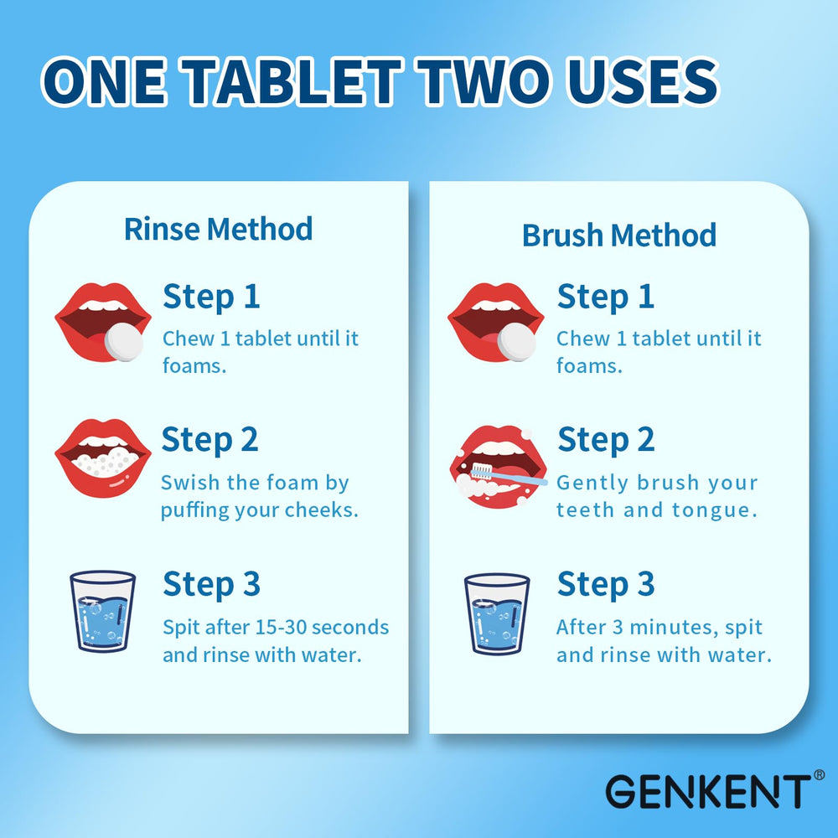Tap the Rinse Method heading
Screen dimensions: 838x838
coord(218,229)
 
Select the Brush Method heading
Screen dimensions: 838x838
coord(619,235)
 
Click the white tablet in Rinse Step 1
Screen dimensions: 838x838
coord(123,341)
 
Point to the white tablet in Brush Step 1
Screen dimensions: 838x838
coord(516,342)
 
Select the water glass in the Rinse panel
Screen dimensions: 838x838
coord(103,611)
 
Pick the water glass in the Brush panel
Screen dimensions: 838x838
coord(497,613)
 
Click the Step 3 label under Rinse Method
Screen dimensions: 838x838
coord(211,585)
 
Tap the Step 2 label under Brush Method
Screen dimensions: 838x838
coord(605,441)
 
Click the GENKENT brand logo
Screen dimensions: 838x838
coord(704,790)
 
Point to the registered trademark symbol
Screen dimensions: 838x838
coord(818,775)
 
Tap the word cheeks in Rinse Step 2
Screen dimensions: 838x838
coord(322,510)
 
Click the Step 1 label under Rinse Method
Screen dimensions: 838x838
coord(211,297)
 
